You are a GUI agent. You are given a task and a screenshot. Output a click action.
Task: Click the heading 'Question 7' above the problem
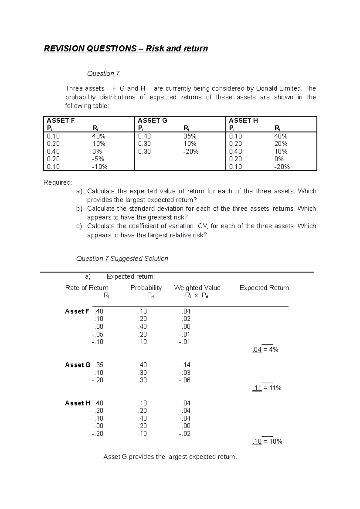(103, 73)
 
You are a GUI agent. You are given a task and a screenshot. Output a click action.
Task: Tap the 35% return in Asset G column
(190, 136)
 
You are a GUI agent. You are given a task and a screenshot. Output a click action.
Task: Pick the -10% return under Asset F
(100, 167)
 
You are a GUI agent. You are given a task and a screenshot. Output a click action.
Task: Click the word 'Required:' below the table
(58, 183)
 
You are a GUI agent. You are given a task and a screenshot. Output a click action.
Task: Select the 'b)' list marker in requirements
(79, 209)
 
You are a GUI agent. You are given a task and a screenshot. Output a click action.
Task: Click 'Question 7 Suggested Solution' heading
(122, 258)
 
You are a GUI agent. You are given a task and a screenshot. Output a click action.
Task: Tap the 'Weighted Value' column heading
(197, 288)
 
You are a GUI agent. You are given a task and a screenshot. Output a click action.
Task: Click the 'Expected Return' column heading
(264, 288)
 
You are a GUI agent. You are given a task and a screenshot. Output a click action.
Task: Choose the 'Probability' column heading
(146, 288)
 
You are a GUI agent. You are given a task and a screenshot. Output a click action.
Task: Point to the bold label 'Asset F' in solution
(77, 311)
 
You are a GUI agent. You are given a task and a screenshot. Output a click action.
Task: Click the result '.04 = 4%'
(265, 350)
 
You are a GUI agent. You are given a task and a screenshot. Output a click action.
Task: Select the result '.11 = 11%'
(267, 388)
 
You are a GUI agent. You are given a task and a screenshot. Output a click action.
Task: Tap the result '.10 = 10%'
(267, 441)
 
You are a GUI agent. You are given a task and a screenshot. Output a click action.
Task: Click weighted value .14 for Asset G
(186, 365)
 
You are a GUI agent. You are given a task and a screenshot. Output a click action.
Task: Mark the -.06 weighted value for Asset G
(185, 380)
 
